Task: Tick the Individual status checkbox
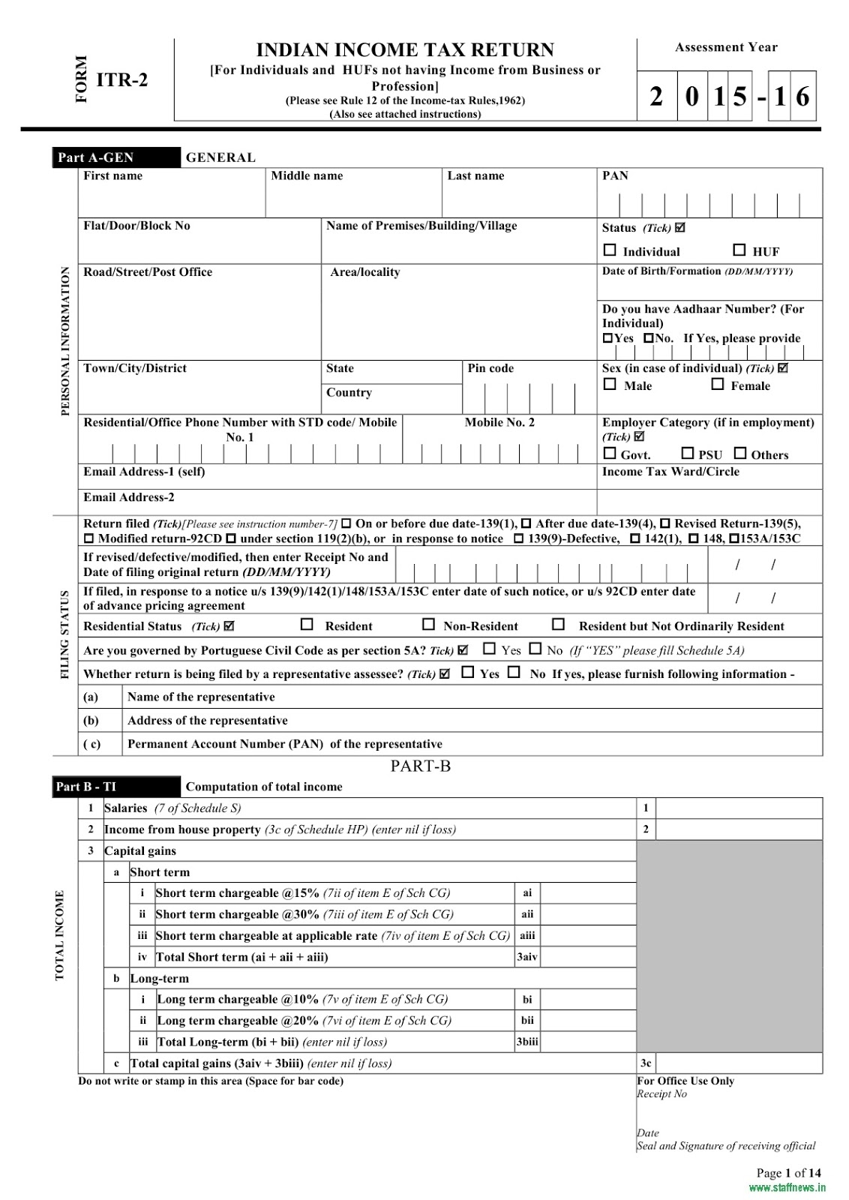(x=610, y=250)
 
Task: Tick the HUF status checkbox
(x=739, y=250)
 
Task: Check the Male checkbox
(x=610, y=385)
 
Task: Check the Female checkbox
(x=718, y=385)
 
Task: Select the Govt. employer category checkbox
(x=610, y=454)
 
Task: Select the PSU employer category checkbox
(x=687, y=454)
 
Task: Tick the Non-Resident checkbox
(x=428, y=625)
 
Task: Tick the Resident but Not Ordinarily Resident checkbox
(x=558, y=625)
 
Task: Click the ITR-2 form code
(x=122, y=79)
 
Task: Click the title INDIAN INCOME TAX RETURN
(x=405, y=50)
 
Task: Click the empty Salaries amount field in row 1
(x=739, y=808)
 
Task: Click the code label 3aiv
(x=526, y=957)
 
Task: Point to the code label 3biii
(x=526, y=1042)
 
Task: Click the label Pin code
(x=490, y=368)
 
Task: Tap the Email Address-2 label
(x=129, y=497)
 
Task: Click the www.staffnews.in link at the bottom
(x=787, y=1188)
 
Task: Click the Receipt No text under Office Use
(x=661, y=1094)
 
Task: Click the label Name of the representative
(x=201, y=697)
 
